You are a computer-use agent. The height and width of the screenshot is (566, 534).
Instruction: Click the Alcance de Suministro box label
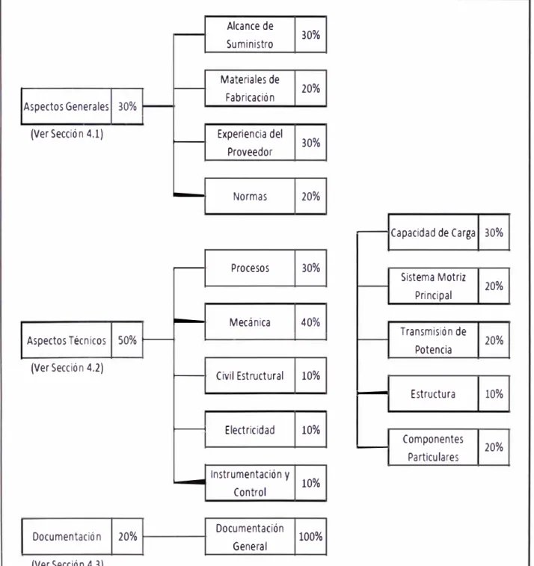(250, 35)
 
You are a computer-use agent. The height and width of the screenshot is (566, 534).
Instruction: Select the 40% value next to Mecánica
(310, 322)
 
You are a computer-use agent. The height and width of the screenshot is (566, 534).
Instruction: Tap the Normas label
(250, 197)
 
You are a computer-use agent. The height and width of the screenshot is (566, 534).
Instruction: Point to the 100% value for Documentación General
(310, 536)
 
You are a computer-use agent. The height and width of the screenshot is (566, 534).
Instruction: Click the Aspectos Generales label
(66, 106)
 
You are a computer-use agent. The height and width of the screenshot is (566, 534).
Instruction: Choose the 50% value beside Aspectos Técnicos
(127, 340)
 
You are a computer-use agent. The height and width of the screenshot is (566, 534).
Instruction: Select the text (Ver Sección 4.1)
(67, 134)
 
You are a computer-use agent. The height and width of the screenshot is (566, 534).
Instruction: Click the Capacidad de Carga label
(433, 233)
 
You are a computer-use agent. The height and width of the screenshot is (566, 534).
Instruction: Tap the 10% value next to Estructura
(494, 394)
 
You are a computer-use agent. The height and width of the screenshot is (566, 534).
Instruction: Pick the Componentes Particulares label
(433, 448)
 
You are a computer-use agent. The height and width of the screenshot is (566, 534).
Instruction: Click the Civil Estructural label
(250, 376)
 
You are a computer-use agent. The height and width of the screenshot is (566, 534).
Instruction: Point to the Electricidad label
(250, 430)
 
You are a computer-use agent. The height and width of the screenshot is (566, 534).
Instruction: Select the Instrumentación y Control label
(250, 483)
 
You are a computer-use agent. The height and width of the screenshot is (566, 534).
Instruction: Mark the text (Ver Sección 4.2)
(67, 368)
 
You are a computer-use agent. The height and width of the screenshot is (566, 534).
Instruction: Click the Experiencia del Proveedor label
(250, 143)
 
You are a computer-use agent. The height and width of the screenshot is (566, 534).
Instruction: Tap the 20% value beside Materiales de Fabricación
(310, 88)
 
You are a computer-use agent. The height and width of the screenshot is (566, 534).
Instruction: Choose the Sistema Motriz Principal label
(433, 286)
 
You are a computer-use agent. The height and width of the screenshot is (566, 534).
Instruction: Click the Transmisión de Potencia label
(433, 340)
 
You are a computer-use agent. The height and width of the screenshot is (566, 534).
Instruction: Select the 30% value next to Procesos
(310, 268)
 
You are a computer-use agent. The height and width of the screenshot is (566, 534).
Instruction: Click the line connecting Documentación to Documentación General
(174, 536)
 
